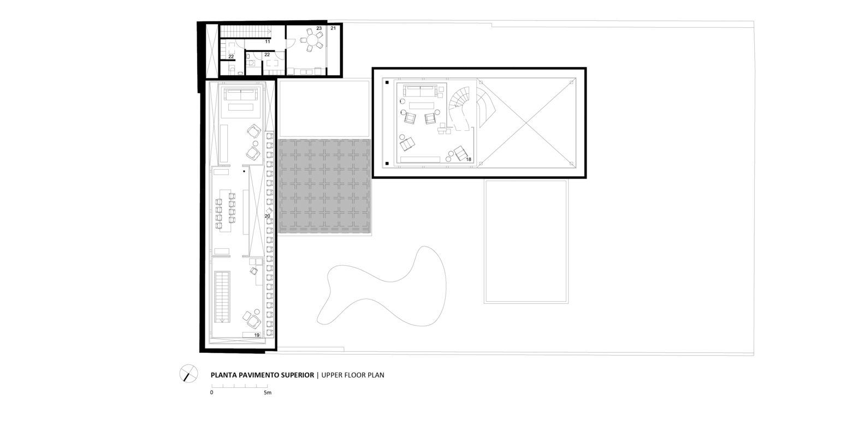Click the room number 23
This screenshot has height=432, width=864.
319,28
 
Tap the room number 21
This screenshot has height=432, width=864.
333,28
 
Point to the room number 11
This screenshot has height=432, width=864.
268,41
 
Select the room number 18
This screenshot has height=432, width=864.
469,159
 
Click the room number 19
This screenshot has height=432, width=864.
257,335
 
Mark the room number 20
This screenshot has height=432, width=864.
267,216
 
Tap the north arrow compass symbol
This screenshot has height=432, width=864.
188,374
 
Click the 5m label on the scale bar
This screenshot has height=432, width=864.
268,393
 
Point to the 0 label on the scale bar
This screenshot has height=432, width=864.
211,393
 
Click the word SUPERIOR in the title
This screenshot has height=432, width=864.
295,375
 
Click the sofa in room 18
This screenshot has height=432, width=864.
420,91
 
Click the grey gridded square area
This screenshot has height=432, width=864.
324,187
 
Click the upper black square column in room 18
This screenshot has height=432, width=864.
387,82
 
